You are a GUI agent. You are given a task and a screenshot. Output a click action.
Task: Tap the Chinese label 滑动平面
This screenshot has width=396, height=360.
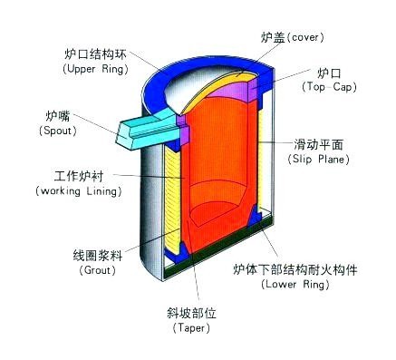[319, 144]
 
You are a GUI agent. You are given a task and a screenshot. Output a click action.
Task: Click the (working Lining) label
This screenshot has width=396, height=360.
[70, 191]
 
